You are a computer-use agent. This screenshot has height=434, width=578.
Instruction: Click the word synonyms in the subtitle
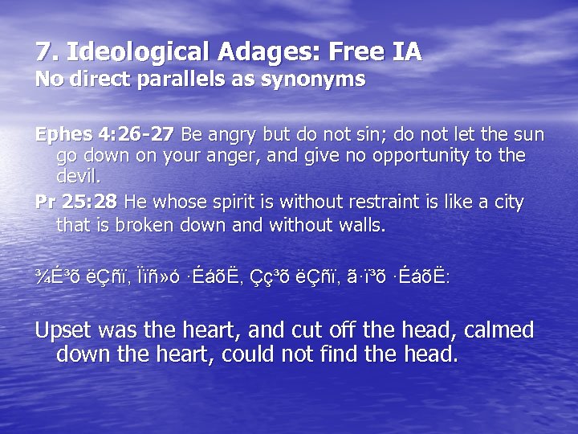pyautogui.click(x=319, y=80)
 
